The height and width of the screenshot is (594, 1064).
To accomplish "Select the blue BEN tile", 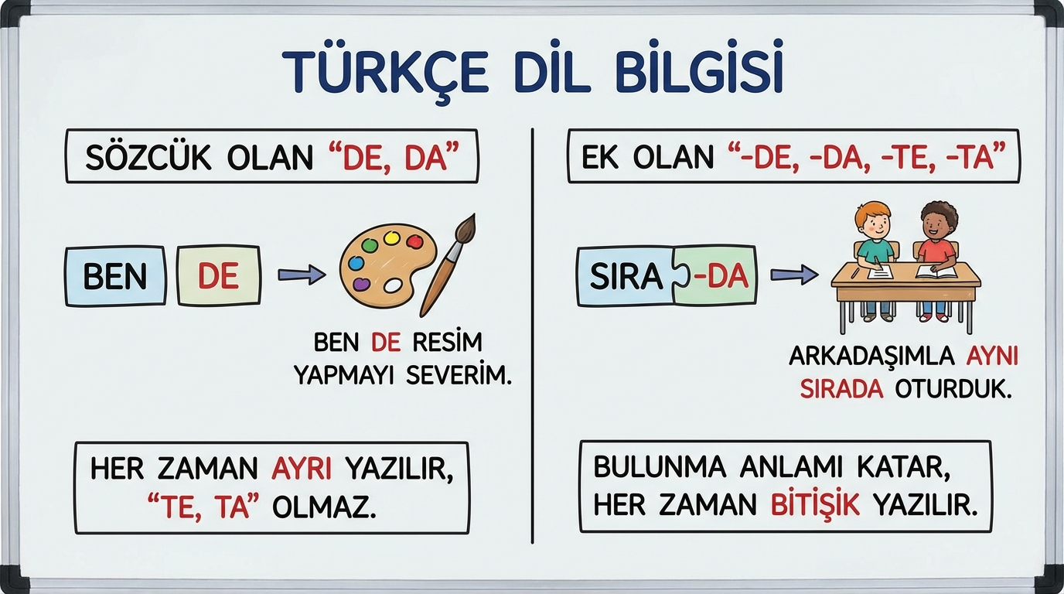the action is tap(115, 276).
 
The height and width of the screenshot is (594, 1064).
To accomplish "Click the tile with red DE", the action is tap(219, 275).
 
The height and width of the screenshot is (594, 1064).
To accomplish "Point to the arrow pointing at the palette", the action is tap(302, 275).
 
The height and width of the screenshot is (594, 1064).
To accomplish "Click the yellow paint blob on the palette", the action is tap(391, 237).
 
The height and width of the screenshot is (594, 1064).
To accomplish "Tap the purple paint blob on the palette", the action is tap(361, 284).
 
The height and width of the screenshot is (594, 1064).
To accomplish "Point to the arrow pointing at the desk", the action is tap(794, 275).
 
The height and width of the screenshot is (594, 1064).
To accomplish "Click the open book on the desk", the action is tap(936, 272).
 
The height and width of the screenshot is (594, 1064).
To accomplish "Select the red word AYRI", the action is tap(302, 469).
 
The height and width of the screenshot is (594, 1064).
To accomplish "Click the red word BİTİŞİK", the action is tap(815, 504).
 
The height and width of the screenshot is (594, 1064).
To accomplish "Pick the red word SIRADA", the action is tap(842, 390).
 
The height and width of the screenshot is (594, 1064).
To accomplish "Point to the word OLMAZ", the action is tap(325, 508).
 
